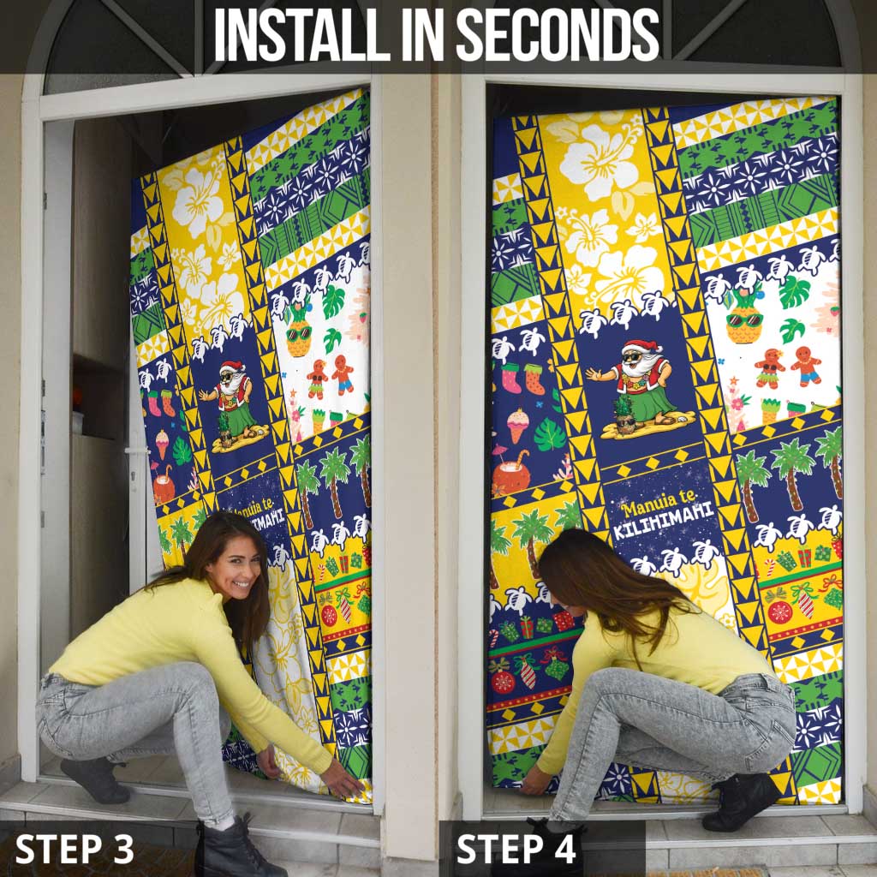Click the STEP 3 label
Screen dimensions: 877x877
[75, 848]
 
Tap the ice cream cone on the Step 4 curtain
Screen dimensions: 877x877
[517, 424]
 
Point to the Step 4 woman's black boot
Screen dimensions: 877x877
[740, 801]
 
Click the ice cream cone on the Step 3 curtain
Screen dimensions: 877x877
[162, 444]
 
